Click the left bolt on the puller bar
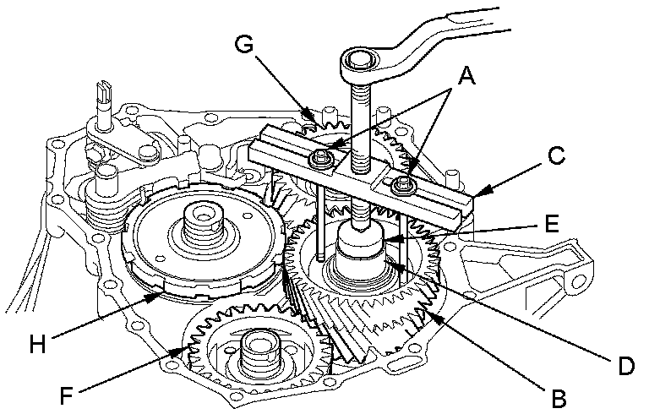(319, 157)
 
